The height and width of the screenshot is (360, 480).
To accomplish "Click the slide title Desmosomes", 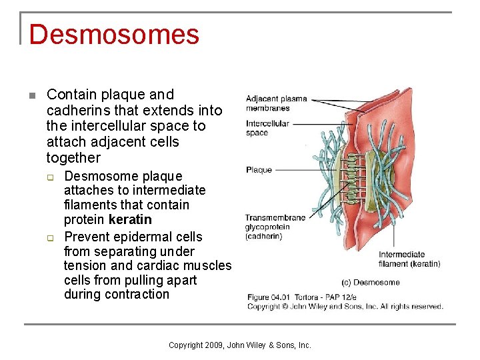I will click(x=114, y=35).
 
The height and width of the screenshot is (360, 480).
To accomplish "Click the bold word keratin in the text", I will click(x=130, y=220).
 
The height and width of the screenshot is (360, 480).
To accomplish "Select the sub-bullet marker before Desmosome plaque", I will click(x=49, y=177).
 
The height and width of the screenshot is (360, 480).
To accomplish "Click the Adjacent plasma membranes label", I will click(x=276, y=103).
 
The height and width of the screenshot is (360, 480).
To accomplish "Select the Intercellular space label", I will click(x=267, y=128).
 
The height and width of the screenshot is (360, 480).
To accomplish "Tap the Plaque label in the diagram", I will click(x=259, y=170).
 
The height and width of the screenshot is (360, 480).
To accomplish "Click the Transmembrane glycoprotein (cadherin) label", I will click(x=275, y=227).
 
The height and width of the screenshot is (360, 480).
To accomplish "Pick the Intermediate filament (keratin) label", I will click(x=409, y=259).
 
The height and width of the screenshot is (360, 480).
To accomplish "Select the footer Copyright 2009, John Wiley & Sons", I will click(x=240, y=345).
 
